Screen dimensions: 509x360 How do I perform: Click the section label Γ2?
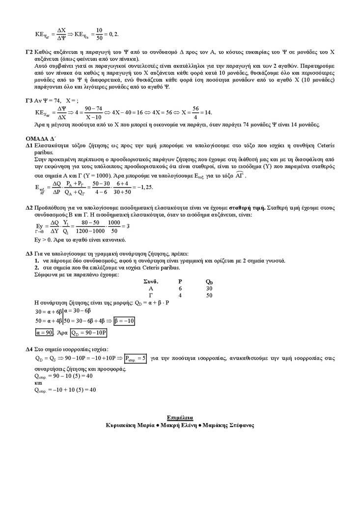[x=29, y=52]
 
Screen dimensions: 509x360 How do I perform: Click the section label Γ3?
[x=29, y=100]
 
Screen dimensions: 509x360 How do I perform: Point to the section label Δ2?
[x=29, y=208]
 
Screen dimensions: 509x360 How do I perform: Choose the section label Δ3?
[x=29, y=254]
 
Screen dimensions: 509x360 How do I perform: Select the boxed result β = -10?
[x=124, y=321]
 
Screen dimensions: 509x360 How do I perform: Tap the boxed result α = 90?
[x=44, y=332]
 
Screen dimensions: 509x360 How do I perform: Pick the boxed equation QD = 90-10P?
[x=89, y=333]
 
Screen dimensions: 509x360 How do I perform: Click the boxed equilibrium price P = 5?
[x=136, y=358]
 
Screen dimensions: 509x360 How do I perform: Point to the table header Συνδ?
[x=150, y=282]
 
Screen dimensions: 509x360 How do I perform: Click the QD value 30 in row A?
[x=209, y=289]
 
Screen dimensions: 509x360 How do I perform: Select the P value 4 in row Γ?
[x=180, y=295]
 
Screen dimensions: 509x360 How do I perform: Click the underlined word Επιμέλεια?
[x=180, y=418]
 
